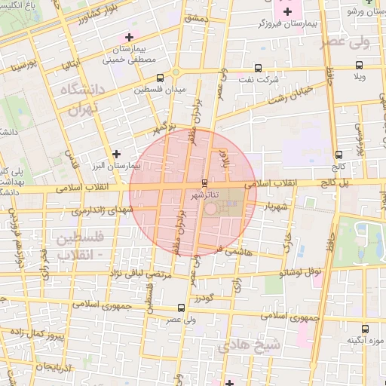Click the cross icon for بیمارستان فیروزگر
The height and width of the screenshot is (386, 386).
286,12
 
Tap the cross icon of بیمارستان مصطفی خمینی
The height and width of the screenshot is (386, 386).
130,36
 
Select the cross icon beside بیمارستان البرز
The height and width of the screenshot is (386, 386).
115,154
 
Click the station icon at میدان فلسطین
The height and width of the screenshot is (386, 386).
159,78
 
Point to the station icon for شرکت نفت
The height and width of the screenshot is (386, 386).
259,68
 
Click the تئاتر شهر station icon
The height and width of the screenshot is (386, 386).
204,183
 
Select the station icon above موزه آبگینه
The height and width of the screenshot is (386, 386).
365,328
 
